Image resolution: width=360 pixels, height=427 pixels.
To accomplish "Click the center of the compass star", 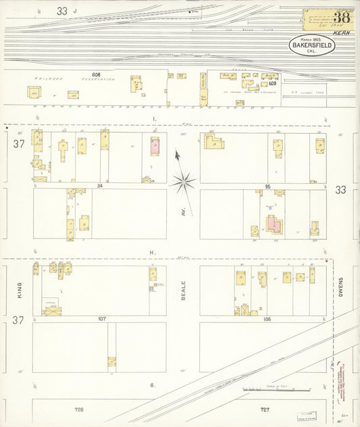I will pos(183,180).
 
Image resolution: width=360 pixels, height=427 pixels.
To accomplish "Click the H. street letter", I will pos(154,252).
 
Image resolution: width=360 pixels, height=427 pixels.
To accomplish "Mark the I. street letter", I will pos(154,119).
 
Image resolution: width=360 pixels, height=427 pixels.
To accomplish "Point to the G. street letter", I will pos(153,385).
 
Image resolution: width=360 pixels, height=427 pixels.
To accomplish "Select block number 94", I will pos(99,185).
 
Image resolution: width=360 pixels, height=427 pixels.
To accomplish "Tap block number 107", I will pos(102,318).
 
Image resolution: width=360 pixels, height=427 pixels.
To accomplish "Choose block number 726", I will pos(80,409).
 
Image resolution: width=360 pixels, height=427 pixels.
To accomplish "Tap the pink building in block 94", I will pos(153,145).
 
